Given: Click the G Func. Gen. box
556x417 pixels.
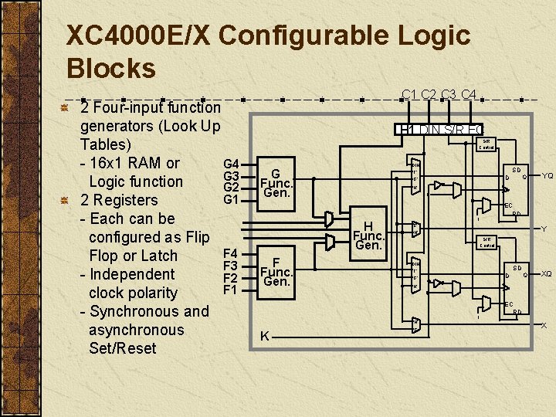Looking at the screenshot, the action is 276,183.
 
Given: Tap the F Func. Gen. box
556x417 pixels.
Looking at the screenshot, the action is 276,272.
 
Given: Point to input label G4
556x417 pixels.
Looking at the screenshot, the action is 231,164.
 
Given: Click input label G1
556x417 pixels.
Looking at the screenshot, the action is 231,200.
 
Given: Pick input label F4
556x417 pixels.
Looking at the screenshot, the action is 230,253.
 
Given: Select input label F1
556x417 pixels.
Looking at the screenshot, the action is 230,290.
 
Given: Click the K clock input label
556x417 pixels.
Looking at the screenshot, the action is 265,336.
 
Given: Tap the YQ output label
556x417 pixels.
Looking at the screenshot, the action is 547,175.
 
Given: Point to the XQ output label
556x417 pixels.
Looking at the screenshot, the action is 547,273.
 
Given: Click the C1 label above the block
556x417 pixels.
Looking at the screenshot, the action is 410,95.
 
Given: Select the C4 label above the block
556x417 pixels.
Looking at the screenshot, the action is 468,95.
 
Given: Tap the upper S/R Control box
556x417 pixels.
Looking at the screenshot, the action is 487,144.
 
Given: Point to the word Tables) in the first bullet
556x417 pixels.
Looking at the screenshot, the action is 106,144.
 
